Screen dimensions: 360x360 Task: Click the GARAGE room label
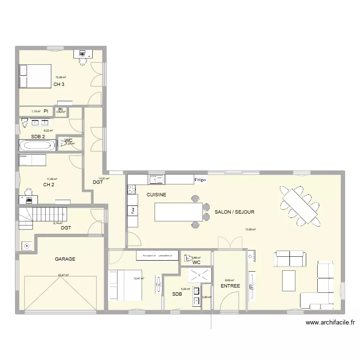65,259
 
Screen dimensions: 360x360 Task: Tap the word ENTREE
230,286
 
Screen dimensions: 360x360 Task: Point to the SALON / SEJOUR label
234,212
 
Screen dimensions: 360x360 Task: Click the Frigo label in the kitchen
200,180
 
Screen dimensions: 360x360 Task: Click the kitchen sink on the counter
156,180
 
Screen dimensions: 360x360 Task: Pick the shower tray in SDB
197,275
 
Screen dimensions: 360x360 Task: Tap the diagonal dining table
300,205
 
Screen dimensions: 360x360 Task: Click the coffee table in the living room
288,279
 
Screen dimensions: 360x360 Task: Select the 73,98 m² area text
250,229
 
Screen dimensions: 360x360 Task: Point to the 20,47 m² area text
63,276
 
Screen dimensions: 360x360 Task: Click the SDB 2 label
38,137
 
